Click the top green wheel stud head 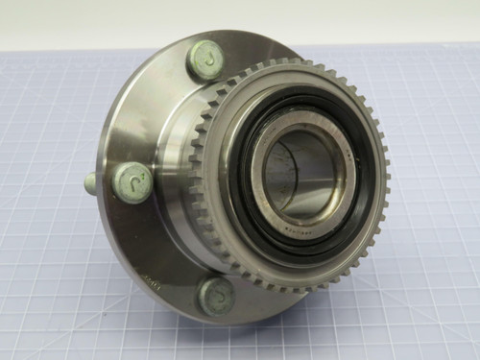205,61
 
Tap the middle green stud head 132,180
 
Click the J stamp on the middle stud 134,180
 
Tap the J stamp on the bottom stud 215,295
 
